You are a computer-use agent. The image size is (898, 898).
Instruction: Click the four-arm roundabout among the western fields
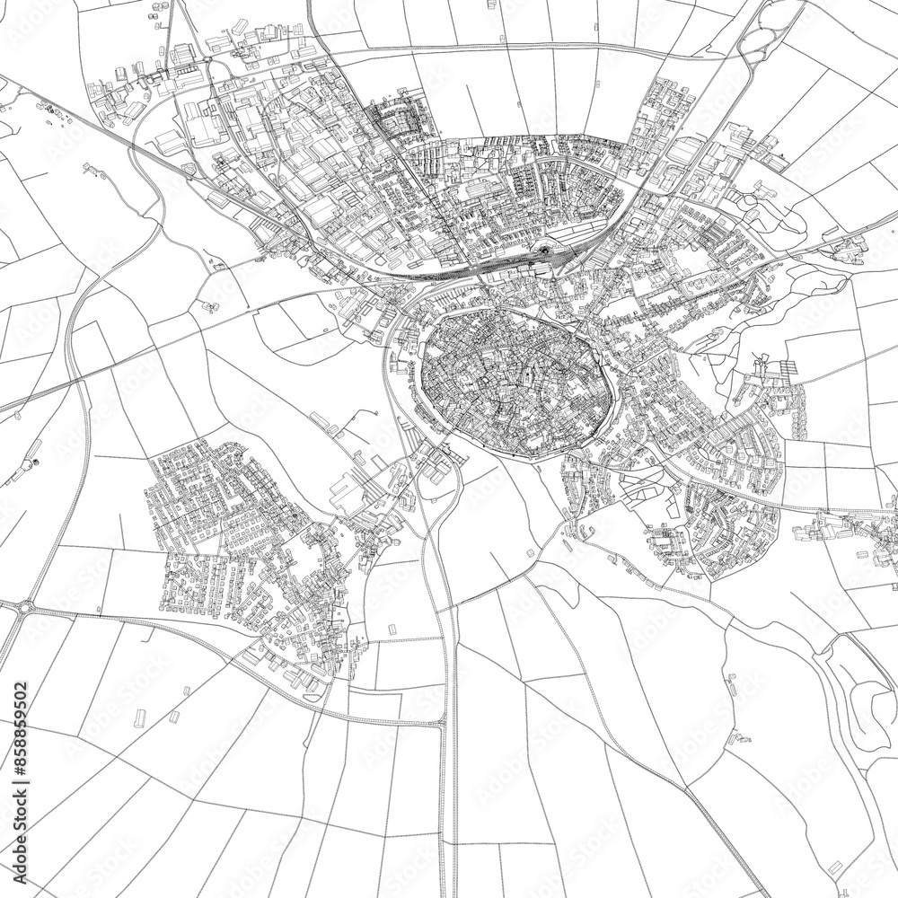(27, 608)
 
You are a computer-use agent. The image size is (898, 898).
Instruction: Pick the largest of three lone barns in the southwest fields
(140, 718)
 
